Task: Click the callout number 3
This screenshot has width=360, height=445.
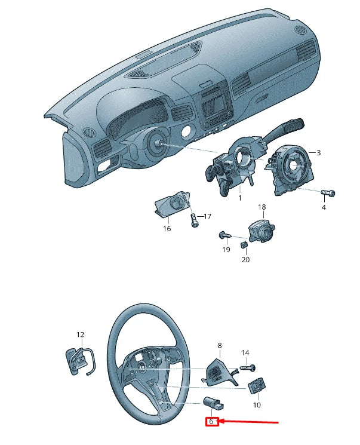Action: tap(319, 153)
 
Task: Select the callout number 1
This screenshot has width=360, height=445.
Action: tap(239, 197)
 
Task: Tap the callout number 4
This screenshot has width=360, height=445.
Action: tap(324, 207)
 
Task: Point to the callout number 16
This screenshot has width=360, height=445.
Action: tap(167, 228)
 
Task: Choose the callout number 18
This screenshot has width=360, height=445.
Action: tap(261, 207)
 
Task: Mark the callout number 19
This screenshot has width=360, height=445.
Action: tap(226, 249)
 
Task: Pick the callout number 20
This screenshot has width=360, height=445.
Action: tap(245, 259)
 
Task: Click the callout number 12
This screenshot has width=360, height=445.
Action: tap(81, 335)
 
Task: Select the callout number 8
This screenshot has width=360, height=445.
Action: tap(220, 345)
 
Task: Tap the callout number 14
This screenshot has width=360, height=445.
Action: tap(245, 353)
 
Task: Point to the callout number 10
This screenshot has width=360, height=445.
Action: tap(257, 404)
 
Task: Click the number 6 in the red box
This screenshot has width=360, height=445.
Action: tap(211, 422)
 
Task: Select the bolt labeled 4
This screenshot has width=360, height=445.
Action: tap(328, 193)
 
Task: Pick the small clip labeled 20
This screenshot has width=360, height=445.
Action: tap(244, 244)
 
